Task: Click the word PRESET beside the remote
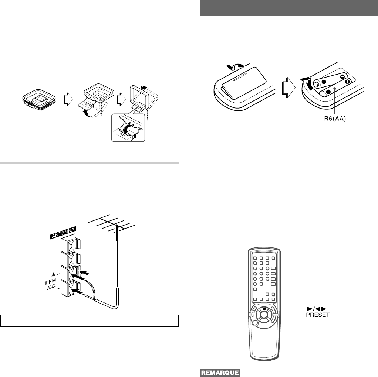pos(317,315)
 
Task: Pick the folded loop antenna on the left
pos(38,99)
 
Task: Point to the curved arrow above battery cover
pos(236,66)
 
